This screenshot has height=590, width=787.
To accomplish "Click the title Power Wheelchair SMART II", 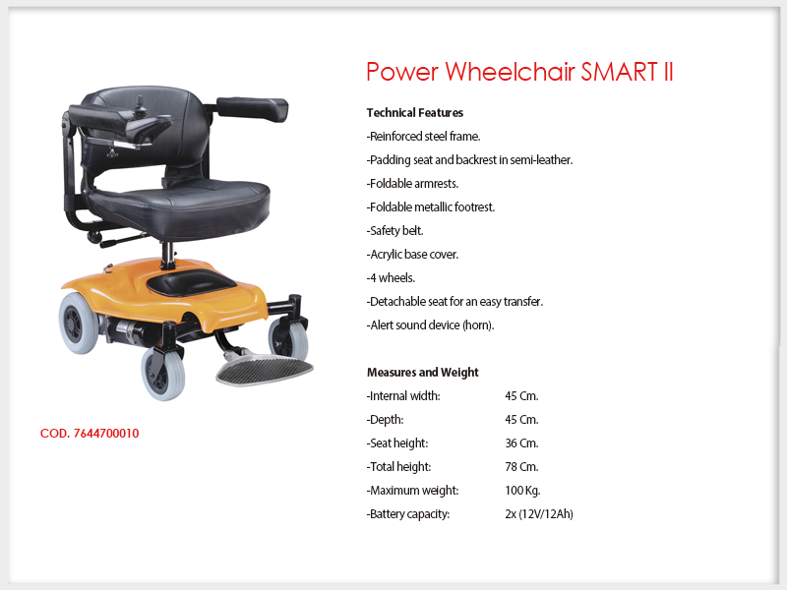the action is [519, 71].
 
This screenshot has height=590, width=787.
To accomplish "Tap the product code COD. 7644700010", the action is [90, 434].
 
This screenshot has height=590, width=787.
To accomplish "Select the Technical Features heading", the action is [414, 112].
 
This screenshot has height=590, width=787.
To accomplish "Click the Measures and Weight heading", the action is [423, 373].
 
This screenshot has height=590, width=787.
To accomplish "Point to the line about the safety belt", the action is [395, 231].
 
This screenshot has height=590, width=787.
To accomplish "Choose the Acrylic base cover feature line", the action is [412, 255].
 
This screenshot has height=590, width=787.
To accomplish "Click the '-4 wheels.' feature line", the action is [391, 278].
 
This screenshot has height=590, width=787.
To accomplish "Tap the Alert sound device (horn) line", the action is [430, 325].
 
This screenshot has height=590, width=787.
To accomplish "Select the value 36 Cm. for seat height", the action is [521, 443].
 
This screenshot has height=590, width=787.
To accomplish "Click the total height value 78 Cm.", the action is [521, 467].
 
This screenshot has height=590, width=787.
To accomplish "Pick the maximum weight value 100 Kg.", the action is [522, 491].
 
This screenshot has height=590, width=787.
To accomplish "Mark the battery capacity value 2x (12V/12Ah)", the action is [539, 514].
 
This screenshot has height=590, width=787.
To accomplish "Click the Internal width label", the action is [403, 396].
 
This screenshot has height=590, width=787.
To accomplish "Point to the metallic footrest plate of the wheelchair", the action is [265, 370].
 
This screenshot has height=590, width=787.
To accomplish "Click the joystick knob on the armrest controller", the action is [140, 101].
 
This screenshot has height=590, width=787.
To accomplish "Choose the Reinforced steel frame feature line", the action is [424, 137].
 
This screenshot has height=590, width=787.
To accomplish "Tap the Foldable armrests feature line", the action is [412, 184].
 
